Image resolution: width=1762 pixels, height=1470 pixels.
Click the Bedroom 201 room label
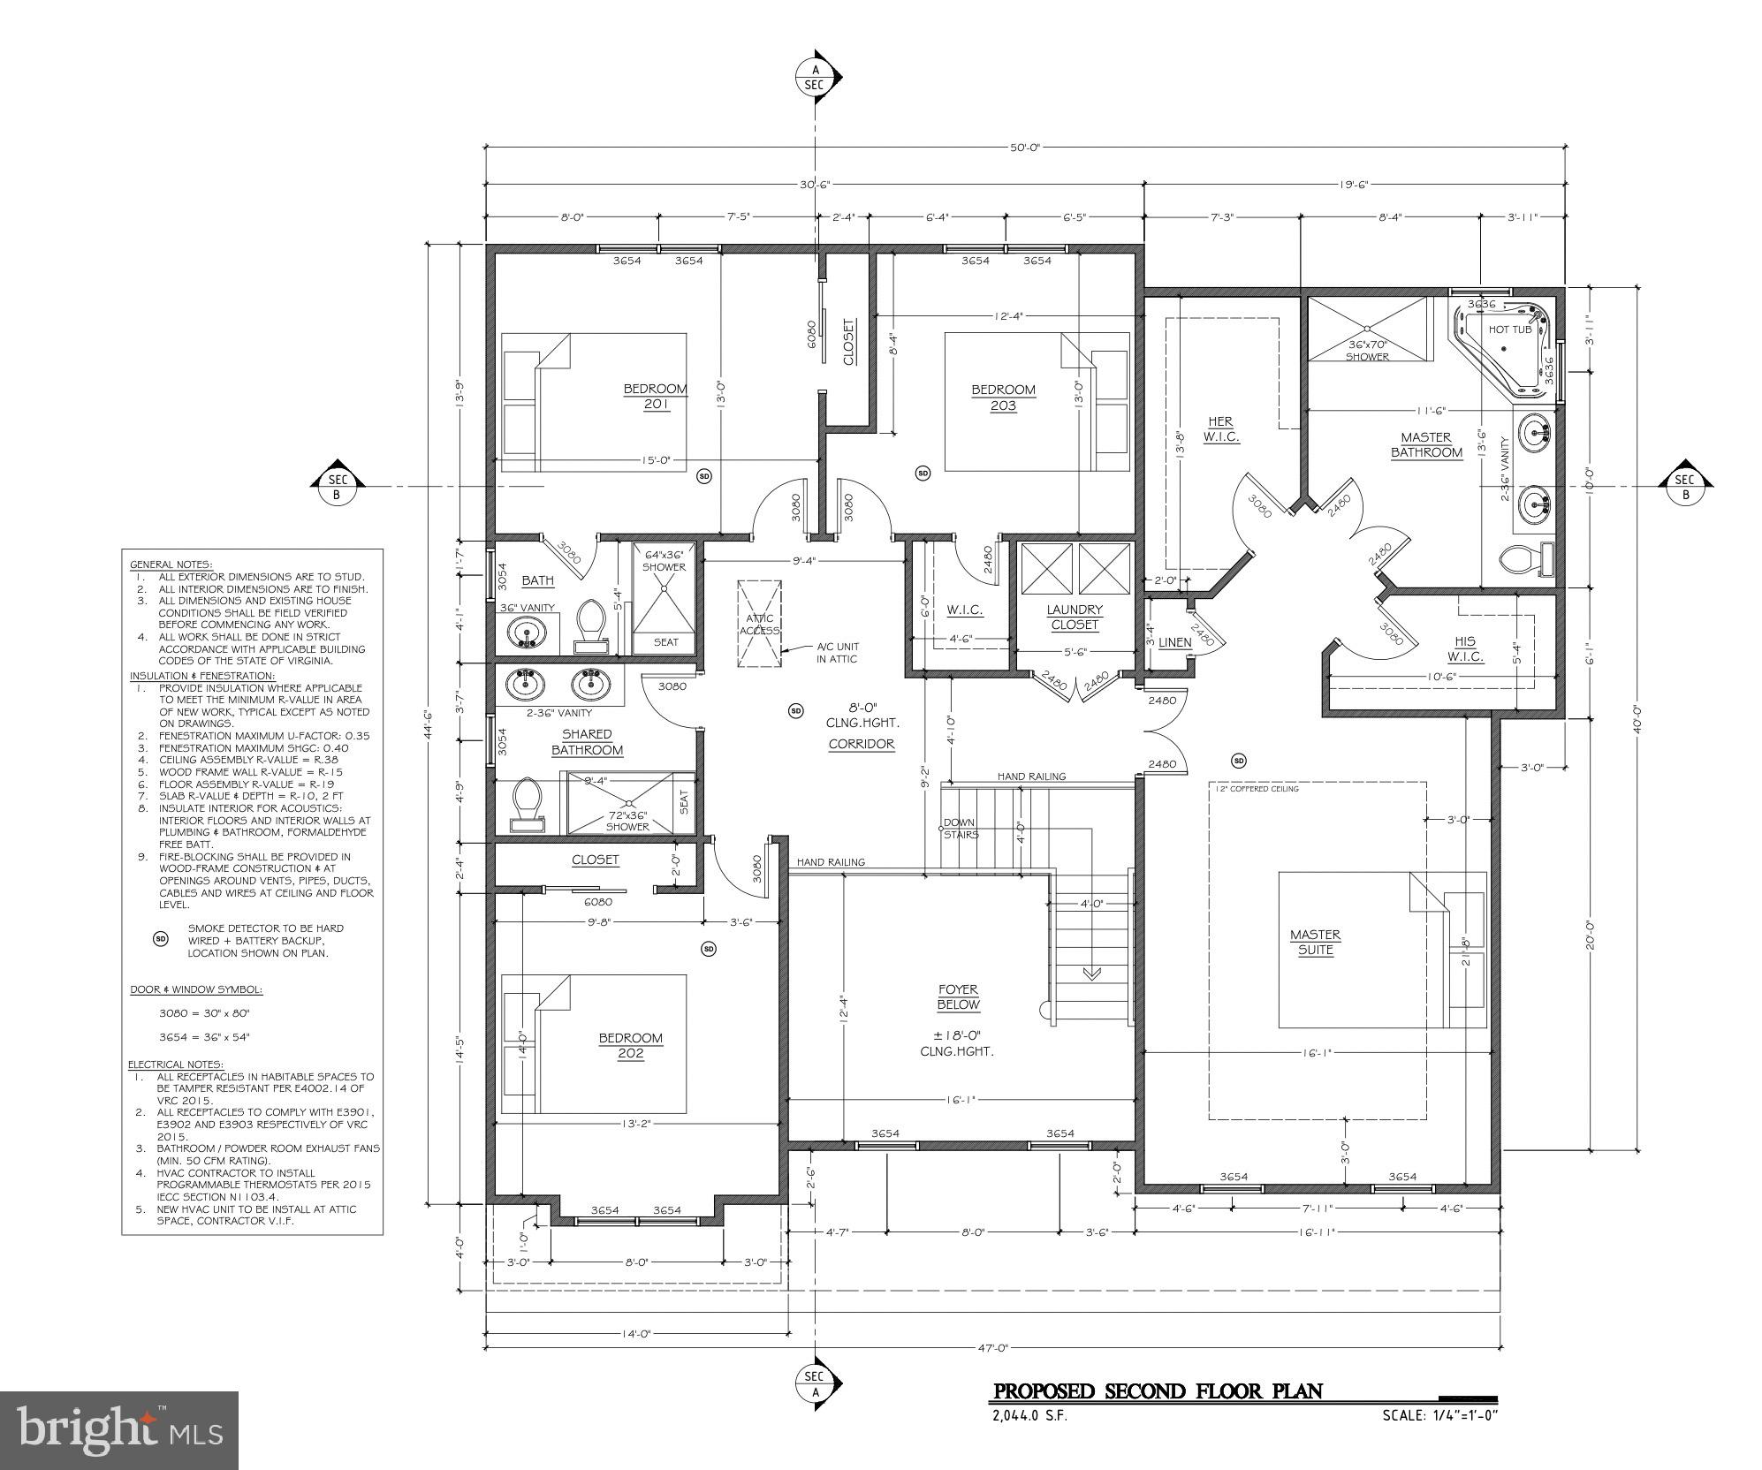pos(655,397)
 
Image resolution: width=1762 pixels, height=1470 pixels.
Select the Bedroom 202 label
pos(630,1045)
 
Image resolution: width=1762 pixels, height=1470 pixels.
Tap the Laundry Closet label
pos(1075,617)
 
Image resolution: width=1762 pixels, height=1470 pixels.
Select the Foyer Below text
pos(958,997)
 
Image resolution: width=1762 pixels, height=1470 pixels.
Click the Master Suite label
pos(1315,942)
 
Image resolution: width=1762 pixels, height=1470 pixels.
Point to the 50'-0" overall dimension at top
pos(1026,148)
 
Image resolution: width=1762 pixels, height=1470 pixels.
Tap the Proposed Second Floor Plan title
pos(1158,1392)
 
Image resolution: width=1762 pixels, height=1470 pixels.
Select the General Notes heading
pos(171,565)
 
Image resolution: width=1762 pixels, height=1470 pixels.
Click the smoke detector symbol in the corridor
pos(795,710)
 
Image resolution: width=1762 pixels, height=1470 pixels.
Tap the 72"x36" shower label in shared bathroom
pos(627,821)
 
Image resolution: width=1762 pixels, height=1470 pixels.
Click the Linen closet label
pos(1174,642)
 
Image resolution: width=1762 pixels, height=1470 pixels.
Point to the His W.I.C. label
pos(1464,649)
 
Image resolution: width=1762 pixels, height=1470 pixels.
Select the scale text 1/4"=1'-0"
pos(1440,1416)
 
